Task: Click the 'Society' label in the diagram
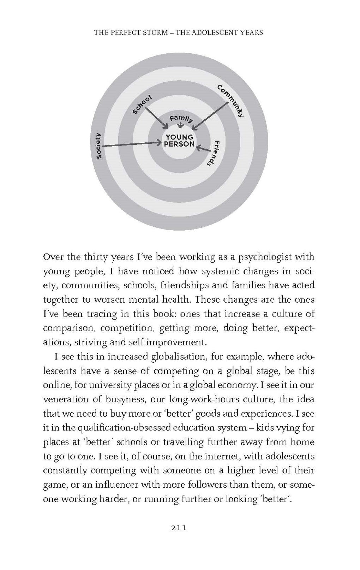click(99, 146)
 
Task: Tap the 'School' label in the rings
click(142, 105)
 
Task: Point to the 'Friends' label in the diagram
click(213, 153)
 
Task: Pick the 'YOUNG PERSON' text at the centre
click(180, 141)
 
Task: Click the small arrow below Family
click(181, 126)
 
